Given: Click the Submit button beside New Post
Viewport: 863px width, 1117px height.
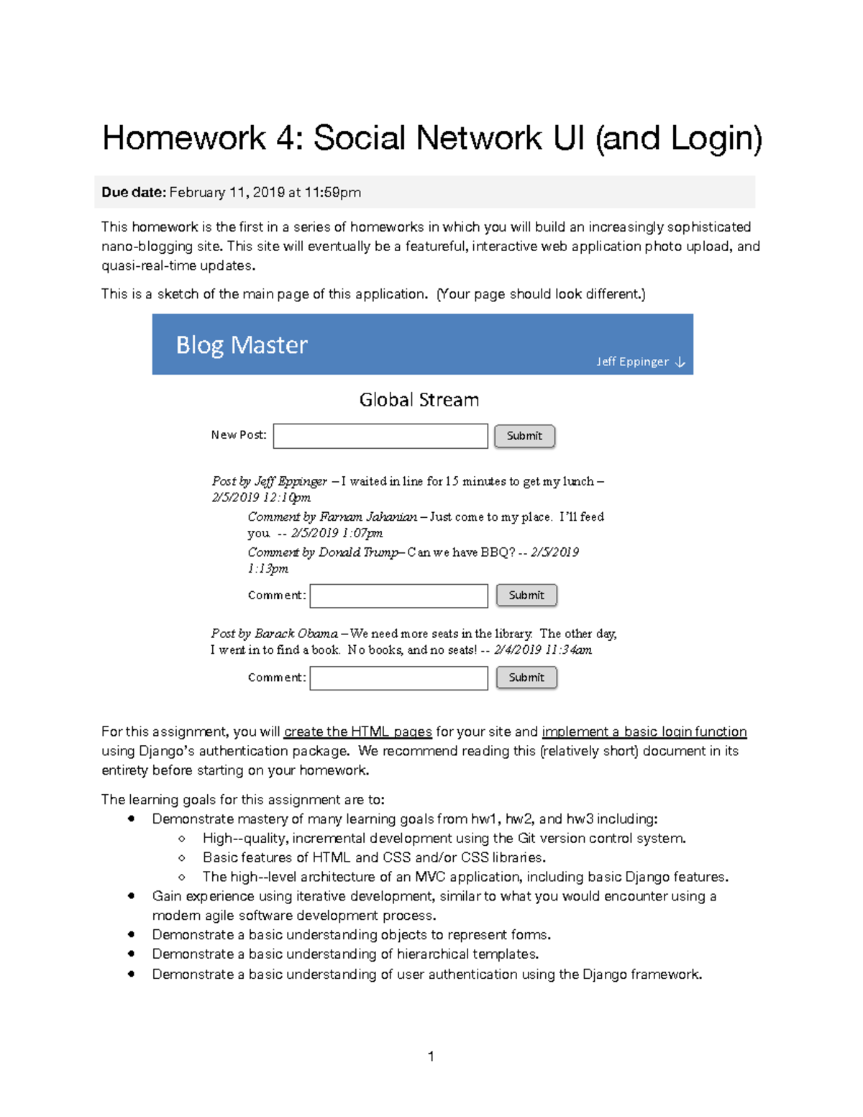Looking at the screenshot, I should [524, 436].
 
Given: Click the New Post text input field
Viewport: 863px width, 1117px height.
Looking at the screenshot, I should [380, 436].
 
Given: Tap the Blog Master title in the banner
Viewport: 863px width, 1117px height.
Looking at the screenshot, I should [242, 345].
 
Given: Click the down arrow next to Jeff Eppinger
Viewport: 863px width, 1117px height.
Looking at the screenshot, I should [680, 362].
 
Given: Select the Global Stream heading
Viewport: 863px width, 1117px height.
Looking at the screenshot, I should [419, 400].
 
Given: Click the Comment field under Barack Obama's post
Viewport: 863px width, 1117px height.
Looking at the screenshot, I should [398, 678].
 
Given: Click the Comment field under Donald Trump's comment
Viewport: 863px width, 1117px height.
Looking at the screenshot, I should [398, 596].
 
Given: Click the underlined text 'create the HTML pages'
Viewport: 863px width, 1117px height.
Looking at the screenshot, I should [357, 731].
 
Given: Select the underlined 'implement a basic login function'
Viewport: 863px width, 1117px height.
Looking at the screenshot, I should [644, 731].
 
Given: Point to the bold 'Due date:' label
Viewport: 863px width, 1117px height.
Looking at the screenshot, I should [134, 192].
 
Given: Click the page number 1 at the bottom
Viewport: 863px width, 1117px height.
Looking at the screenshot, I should [431, 1056].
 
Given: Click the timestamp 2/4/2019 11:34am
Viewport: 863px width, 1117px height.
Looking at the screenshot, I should [543, 649].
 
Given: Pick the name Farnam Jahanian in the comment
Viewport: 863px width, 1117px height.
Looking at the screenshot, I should [368, 516].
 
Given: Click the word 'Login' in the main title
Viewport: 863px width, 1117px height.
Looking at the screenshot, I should [712, 138].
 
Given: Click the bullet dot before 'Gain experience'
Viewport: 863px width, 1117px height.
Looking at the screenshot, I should [131, 895].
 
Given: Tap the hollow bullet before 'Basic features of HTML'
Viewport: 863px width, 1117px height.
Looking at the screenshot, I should [182, 857].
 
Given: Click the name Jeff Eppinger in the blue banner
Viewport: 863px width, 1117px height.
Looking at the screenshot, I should [632, 362].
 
